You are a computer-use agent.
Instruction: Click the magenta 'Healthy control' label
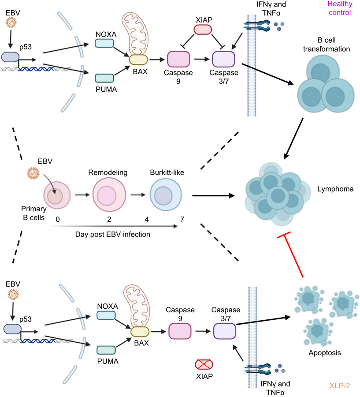(339, 8)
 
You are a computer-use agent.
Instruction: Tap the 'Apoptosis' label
(325, 353)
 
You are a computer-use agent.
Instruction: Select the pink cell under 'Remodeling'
(109, 195)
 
